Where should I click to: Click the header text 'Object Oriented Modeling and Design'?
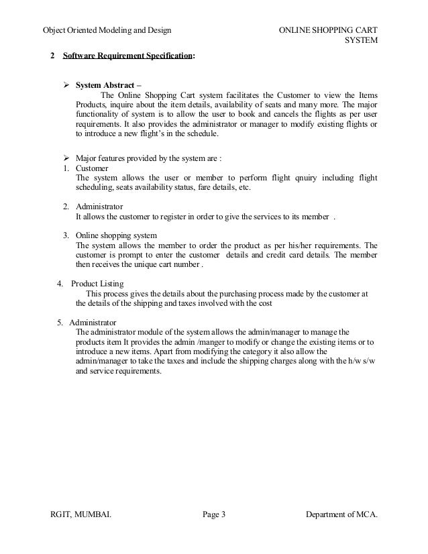point(107,30)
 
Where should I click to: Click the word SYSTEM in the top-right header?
point(361,42)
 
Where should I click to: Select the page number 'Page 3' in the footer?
point(214,515)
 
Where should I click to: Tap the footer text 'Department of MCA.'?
point(341,515)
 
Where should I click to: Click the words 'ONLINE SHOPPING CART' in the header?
point(327,30)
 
